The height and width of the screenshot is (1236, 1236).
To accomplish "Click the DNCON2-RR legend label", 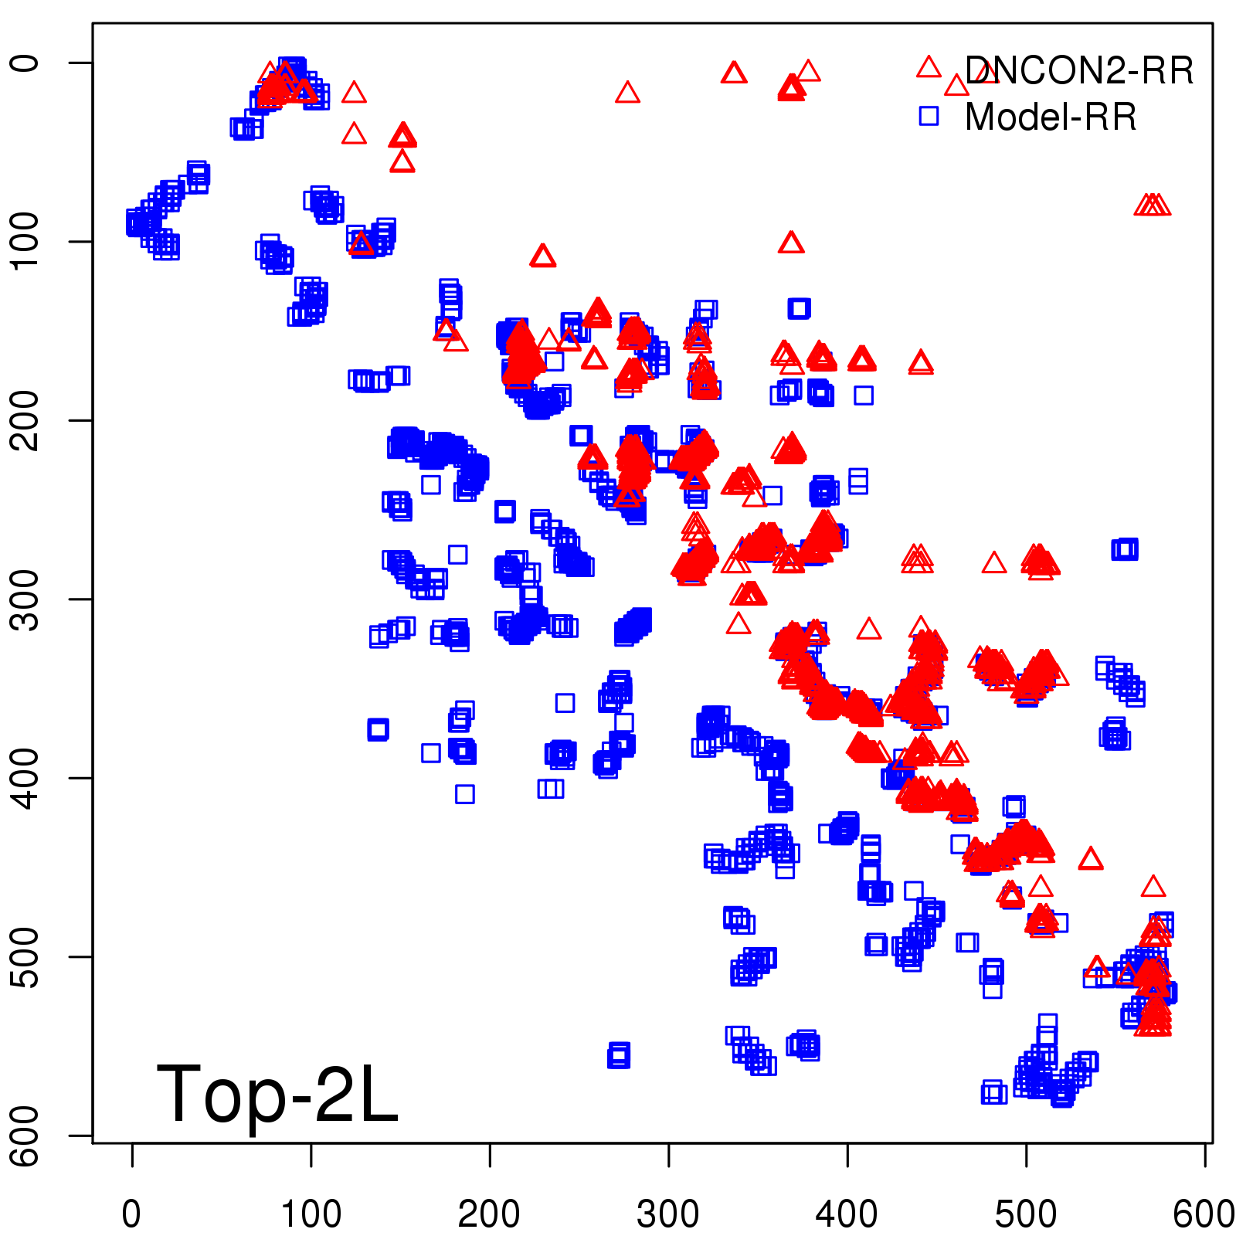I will click(x=1078, y=71).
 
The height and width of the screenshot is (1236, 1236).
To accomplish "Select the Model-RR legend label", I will click(x=1051, y=117).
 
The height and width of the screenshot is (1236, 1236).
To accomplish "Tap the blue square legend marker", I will click(x=929, y=116).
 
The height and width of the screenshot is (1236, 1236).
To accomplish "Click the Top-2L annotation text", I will click(x=277, y=1094).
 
